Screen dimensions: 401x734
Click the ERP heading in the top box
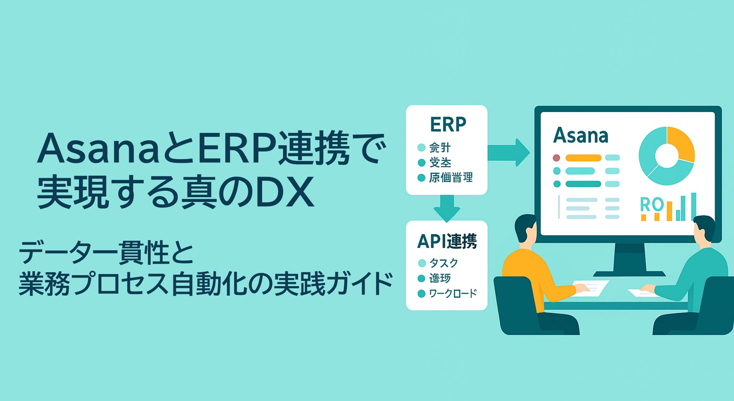click(x=448, y=124)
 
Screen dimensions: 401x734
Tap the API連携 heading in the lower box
click(x=447, y=241)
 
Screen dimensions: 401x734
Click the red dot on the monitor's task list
click(x=556, y=158)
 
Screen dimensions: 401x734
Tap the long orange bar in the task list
click(x=583, y=158)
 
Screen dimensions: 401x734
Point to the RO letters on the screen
click(x=651, y=204)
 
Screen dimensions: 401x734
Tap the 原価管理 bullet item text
click(x=451, y=178)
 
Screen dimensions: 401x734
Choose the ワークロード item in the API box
click(x=453, y=293)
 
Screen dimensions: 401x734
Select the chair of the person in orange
click(x=517, y=308)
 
